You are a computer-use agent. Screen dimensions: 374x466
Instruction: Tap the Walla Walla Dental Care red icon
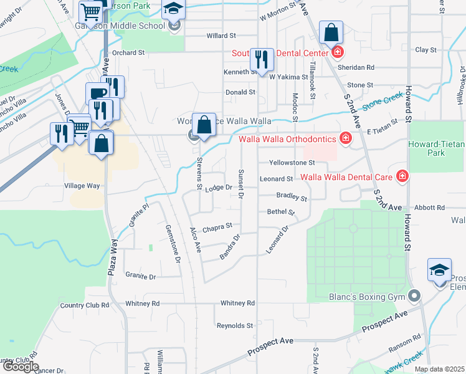point(402,177)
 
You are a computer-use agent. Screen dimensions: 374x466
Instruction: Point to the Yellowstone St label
point(292,163)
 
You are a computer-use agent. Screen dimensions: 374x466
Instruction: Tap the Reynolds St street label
point(235,325)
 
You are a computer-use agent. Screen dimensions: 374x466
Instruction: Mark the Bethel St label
point(280,212)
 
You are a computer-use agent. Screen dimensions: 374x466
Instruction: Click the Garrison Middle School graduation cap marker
point(173,10)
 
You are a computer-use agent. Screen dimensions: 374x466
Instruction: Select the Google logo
point(20,367)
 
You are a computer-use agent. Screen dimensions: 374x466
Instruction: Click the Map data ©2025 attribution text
point(440,369)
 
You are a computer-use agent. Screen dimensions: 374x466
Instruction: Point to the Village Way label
point(82,186)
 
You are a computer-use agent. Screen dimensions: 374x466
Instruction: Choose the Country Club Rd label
point(85,305)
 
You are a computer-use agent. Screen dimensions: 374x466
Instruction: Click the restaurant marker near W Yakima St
point(260,59)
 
